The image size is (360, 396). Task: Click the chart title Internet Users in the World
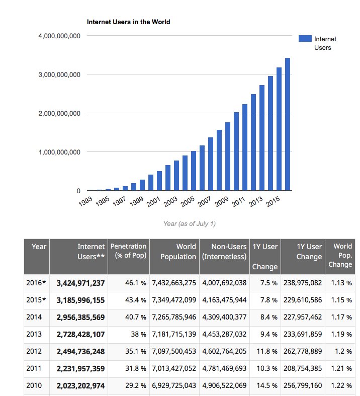pos(128,22)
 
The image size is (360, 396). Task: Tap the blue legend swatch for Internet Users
pos(305,39)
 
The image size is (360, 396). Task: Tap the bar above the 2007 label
pos(211,164)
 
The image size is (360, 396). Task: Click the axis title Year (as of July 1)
pos(190,223)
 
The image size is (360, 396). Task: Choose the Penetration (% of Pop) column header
pos(128,251)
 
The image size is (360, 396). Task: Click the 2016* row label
pos(36,283)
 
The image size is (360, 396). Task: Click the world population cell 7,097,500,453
pos(174,352)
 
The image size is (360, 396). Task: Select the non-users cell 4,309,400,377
pos(224,318)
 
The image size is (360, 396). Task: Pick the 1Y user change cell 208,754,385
pos(302,369)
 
